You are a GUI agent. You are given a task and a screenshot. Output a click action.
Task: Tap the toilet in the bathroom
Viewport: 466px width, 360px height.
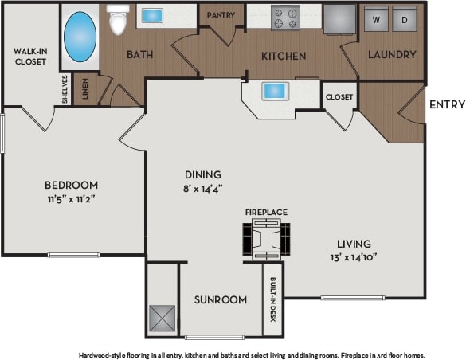[x=118, y=21]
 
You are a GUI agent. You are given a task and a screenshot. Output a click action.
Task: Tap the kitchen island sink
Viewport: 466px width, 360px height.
[x=275, y=91]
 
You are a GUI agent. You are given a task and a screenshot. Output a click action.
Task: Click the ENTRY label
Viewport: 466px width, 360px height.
[x=446, y=104]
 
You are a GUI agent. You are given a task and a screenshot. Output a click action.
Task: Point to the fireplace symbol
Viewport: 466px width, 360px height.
[x=265, y=237]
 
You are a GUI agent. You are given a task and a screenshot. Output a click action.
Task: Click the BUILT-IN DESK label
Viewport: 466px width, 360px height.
[x=272, y=299]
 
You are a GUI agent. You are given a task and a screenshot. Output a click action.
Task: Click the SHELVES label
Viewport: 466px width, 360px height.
[x=65, y=90]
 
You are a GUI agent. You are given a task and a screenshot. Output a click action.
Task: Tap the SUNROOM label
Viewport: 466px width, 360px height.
[x=220, y=299]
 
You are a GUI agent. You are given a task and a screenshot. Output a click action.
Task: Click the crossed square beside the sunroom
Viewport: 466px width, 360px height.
[x=163, y=319]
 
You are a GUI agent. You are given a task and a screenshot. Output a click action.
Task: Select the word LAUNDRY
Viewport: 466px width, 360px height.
[x=392, y=55]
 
